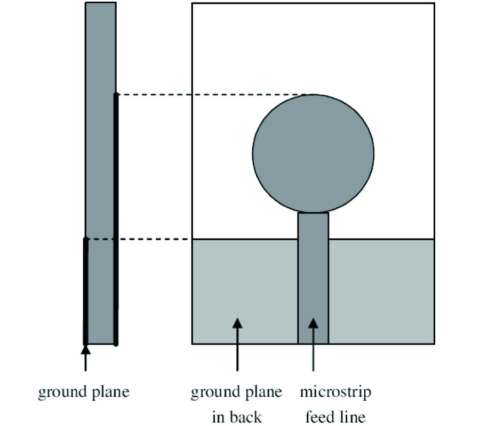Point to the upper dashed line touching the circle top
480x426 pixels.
(x=213, y=95)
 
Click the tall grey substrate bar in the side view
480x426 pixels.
(x=100, y=160)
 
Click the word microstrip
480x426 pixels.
(x=335, y=394)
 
